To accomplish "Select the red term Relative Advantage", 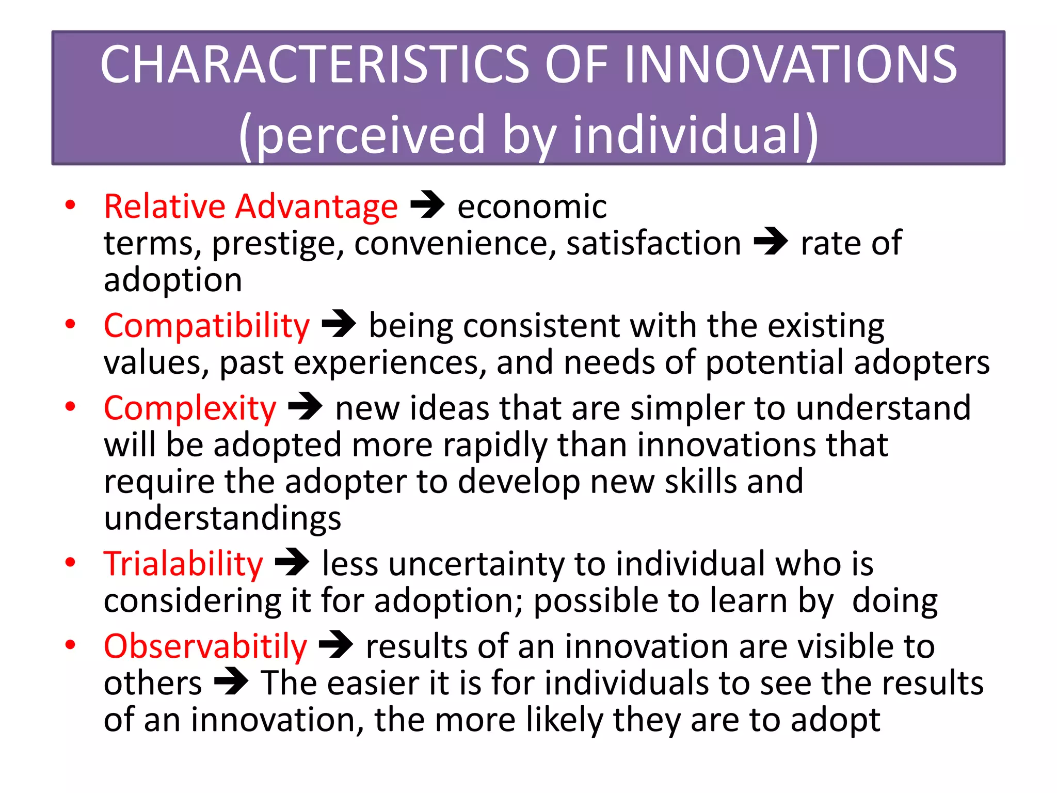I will [x=251, y=207].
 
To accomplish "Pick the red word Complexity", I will [x=190, y=408].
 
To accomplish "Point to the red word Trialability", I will [x=183, y=564].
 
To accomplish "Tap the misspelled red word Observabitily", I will [x=205, y=646].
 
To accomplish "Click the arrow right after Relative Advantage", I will [x=427, y=205].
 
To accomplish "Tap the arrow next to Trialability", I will [x=292, y=562].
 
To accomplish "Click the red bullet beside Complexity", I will [x=71, y=407].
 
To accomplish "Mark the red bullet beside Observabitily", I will [x=71, y=645].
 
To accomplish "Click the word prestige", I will [x=278, y=244].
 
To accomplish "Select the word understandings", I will [x=222, y=518].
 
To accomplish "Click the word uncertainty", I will [x=476, y=564].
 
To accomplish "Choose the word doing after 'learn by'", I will [x=894, y=601].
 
